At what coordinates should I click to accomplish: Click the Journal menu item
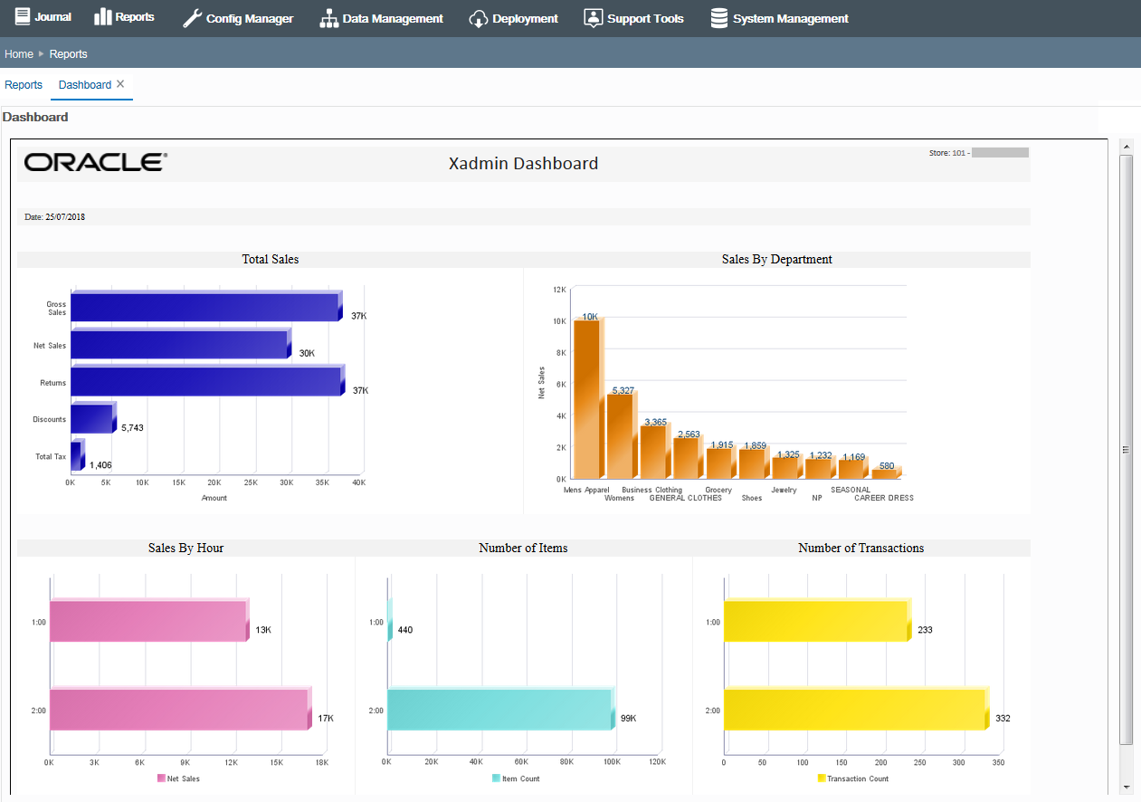[x=43, y=17]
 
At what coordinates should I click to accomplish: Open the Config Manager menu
[x=238, y=18]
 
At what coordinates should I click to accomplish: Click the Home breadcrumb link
[x=19, y=54]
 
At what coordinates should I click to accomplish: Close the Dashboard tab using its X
[x=120, y=83]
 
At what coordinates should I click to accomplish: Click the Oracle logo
[x=96, y=163]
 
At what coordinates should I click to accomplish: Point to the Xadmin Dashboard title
[x=523, y=164]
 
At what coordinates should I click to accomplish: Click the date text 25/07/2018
[x=64, y=217]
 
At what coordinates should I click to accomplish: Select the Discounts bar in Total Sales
[x=91, y=419]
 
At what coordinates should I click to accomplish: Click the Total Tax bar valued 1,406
[x=76, y=456]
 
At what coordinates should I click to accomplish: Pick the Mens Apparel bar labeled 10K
[x=587, y=398]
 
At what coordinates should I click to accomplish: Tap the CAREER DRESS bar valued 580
[x=884, y=473]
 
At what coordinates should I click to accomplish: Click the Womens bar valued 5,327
[x=620, y=435]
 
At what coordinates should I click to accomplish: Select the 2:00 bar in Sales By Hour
[x=178, y=710]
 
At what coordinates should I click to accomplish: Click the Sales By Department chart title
[x=776, y=260]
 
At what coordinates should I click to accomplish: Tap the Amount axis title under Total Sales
[x=214, y=498]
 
